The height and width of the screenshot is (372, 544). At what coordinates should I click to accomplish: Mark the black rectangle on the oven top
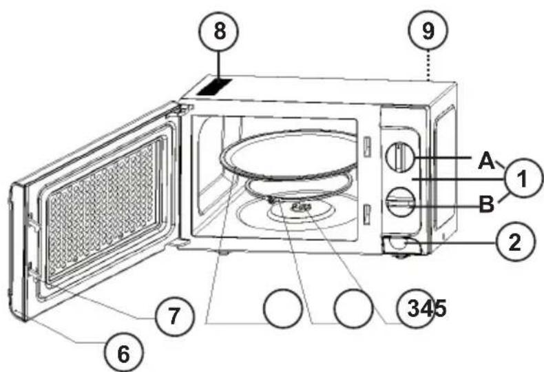(x=213, y=87)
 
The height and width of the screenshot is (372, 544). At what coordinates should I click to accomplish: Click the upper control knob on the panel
(x=399, y=156)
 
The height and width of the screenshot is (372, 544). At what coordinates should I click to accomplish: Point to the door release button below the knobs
(x=397, y=245)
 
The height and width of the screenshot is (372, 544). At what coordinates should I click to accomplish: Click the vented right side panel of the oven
(x=442, y=165)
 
